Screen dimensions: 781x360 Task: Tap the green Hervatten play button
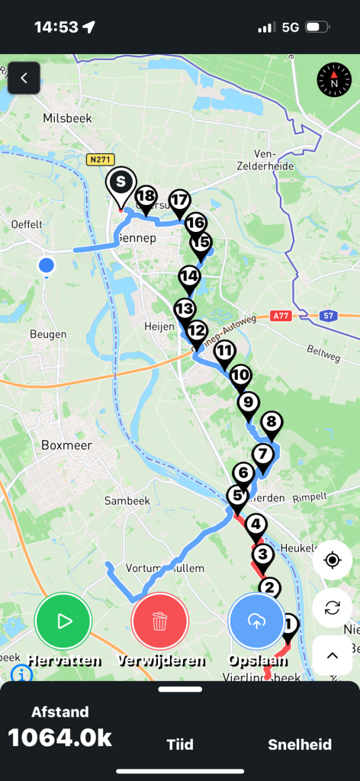coord(63,621)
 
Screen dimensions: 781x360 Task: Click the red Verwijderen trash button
coord(159,621)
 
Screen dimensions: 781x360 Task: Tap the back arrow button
coord(24,78)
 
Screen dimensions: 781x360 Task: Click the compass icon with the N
coord(333,79)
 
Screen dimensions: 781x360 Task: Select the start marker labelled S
coord(121,183)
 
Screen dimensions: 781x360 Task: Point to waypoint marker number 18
coord(146,197)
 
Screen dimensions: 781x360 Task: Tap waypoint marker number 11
coord(223,352)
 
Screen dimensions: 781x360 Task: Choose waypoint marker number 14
coord(189,276)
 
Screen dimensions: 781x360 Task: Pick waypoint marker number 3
coord(262,554)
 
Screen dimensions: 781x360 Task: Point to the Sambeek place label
coord(126,500)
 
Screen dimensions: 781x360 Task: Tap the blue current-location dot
coord(47,265)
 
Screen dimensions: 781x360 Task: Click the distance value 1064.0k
coord(60,738)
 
